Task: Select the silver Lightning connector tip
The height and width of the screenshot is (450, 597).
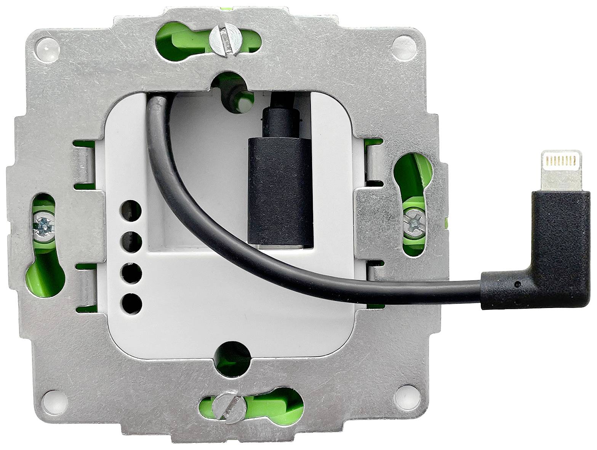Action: coord(559,170)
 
